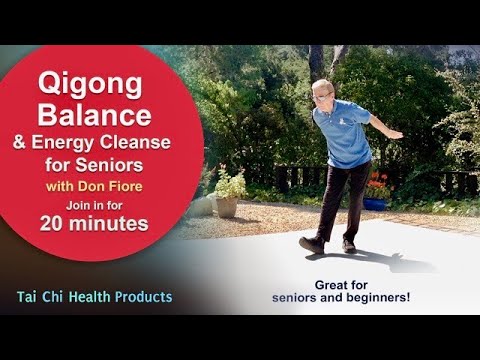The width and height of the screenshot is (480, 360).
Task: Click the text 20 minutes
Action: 94,225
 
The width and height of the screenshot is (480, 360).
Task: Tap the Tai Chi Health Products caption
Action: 94,297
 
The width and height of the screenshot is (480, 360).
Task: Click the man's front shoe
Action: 312,245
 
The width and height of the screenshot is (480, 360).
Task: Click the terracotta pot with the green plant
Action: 228,205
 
